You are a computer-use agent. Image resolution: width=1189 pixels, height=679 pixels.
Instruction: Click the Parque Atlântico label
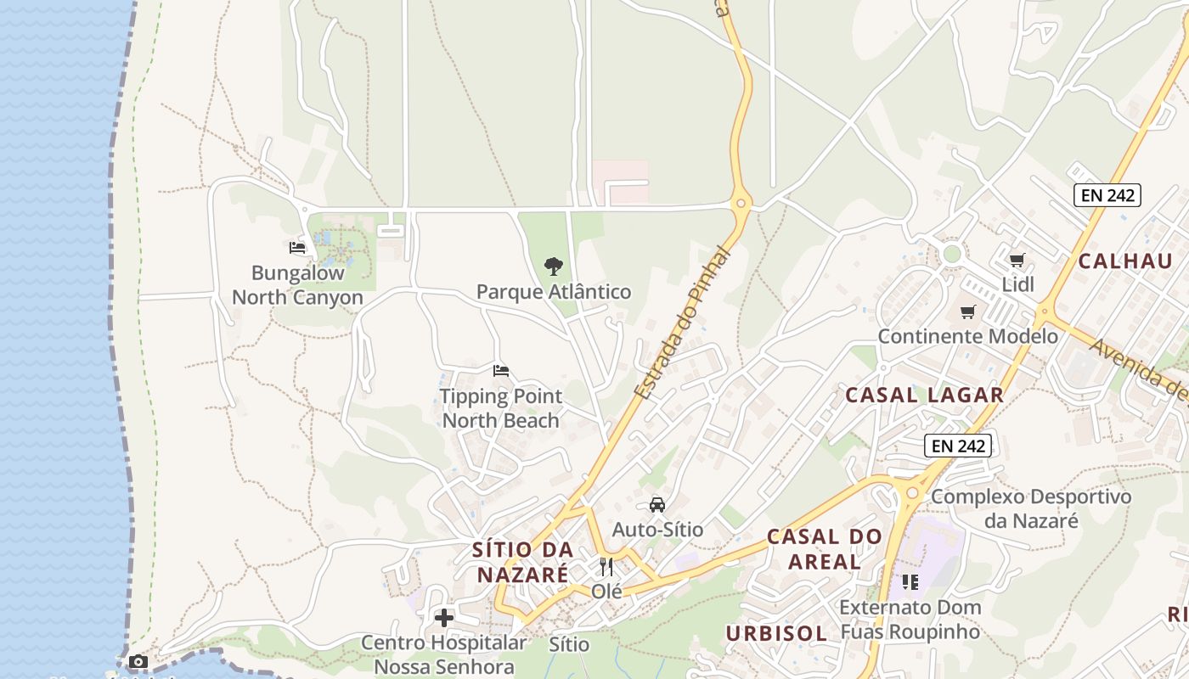tap(554, 292)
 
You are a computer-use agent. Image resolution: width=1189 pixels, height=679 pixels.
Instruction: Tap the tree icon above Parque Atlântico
tap(554, 267)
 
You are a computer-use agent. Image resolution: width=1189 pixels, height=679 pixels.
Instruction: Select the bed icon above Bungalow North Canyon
tap(297, 248)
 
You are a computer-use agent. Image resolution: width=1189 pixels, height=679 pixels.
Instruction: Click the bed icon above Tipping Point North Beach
tap(501, 371)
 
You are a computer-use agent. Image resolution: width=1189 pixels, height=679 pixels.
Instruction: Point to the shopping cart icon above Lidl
tap(1017, 260)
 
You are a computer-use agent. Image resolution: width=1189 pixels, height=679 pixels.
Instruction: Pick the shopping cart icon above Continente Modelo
tap(967, 311)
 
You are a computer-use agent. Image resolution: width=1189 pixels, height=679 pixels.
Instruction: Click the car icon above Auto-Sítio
tap(657, 505)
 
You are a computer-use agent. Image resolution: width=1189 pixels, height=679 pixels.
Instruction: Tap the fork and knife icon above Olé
tap(606, 566)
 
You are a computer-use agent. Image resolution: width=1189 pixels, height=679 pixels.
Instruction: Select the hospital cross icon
tap(444, 618)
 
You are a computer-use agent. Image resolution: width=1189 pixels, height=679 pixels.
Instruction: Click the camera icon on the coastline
tap(138, 661)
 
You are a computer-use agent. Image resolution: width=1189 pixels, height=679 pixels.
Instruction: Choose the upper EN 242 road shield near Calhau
tap(1107, 195)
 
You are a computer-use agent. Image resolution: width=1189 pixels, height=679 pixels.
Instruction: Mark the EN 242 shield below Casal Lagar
tap(958, 446)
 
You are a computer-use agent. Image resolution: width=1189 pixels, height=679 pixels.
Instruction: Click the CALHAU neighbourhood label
tap(1125, 261)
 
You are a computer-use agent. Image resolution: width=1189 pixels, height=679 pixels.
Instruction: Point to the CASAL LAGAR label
tap(925, 395)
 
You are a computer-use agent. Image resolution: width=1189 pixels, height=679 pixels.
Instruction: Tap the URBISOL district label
tap(776, 633)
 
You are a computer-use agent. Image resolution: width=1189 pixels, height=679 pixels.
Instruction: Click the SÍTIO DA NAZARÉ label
tap(522, 562)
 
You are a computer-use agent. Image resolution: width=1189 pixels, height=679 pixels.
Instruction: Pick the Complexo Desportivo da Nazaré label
tap(1031, 508)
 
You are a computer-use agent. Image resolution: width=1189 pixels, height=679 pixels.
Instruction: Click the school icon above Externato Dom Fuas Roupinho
tap(910, 582)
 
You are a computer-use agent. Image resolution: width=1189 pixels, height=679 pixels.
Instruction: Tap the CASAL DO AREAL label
tap(824, 548)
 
